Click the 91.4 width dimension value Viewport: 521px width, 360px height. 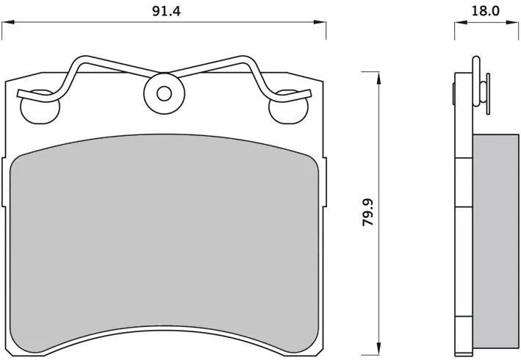[x=166, y=11]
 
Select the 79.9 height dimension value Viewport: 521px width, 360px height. [x=368, y=212]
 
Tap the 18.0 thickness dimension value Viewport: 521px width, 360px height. [x=486, y=11]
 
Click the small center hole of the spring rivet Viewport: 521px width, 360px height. [x=164, y=93]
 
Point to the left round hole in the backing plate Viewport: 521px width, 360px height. [x=40, y=108]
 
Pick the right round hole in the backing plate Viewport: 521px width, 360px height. [x=288, y=108]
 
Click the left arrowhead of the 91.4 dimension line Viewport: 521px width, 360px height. [x=8, y=22]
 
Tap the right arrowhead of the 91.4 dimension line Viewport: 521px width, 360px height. [x=320, y=22]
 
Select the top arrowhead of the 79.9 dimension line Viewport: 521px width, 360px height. [x=378, y=78]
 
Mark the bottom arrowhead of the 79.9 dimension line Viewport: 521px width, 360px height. [x=378, y=348]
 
